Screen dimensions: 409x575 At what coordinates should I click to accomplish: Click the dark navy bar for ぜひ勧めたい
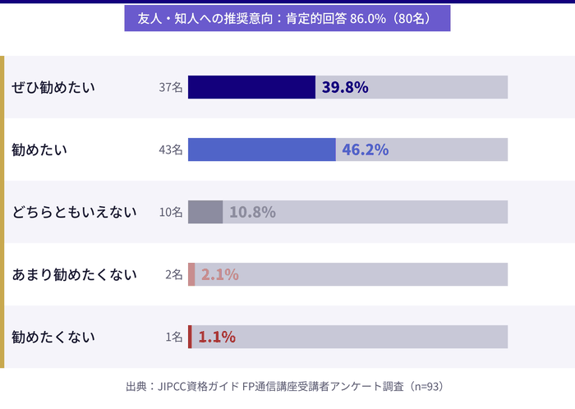click(251, 87)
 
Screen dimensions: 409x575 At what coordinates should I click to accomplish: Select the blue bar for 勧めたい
click(261, 149)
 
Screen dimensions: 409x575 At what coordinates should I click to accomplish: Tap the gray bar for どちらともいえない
click(205, 212)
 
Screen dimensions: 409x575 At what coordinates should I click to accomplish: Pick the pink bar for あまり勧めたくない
click(191, 274)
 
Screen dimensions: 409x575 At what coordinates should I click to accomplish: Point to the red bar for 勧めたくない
click(190, 337)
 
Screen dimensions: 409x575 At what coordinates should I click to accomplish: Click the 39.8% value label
click(345, 87)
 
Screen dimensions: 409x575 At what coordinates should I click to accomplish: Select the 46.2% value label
click(365, 149)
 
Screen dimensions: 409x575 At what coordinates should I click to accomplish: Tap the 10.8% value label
click(252, 212)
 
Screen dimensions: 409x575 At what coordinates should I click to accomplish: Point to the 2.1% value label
click(219, 274)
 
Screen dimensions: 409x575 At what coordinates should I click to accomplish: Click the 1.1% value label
click(217, 337)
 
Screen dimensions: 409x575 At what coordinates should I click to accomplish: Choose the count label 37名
click(170, 87)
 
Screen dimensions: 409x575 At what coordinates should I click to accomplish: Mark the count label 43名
click(170, 149)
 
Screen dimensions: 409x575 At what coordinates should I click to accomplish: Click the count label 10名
click(170, 212)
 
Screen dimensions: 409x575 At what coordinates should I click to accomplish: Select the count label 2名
click(173, 274)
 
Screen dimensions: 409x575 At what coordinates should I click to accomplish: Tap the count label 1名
click(173, 337)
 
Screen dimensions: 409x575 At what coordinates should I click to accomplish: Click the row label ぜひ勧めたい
click(53, 87)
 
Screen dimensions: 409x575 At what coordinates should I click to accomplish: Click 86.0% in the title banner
click(368, 18)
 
